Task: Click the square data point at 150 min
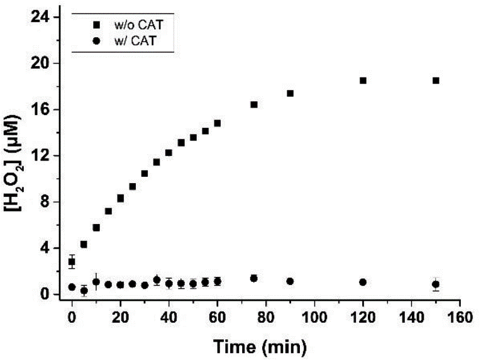point(435,81)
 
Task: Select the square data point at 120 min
point(363,81)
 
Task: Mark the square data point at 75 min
point(254,104)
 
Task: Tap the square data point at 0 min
point(72,262)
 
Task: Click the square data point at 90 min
point(290,93)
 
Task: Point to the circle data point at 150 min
point(435,284)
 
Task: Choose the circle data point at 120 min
point(363,283)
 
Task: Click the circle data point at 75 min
point(254,278)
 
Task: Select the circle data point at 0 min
point(72,287)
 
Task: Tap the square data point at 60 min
point(218,123)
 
